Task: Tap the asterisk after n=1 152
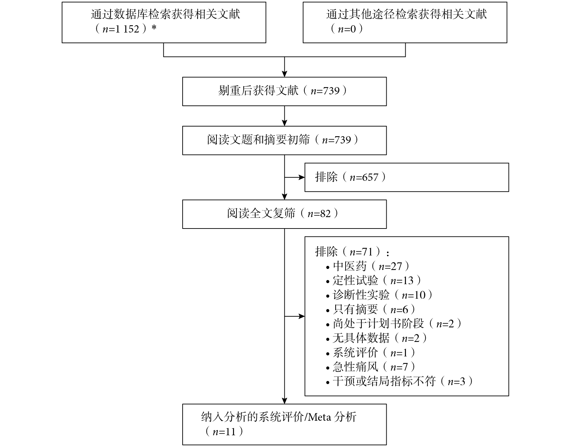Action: coord(154,27)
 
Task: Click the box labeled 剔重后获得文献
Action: coord(284,91)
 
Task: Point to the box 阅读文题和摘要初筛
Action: coord(284,140)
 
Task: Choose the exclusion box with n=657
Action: coord(407,177)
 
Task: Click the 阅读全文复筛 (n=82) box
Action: coord(284,214)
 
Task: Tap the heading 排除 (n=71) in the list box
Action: coord(352,252)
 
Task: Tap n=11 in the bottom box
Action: coord(224,432)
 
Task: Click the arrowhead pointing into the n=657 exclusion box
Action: coord(301,177)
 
